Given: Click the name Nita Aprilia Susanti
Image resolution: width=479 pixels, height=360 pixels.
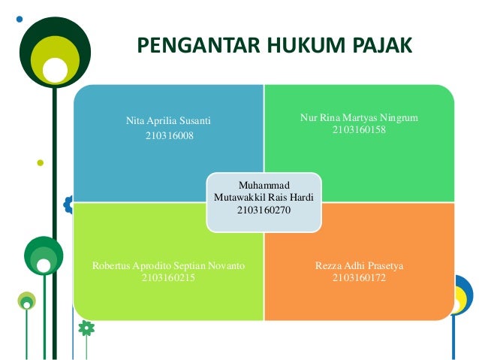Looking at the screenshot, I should [168, 120].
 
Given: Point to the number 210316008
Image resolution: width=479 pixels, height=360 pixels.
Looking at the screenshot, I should [168, 136].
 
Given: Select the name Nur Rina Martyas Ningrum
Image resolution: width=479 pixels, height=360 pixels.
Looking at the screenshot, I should [359, 118].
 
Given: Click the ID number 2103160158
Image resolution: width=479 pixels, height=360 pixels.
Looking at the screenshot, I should [359, 130].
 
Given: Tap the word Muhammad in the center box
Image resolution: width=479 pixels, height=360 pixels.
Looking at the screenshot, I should [264, 184].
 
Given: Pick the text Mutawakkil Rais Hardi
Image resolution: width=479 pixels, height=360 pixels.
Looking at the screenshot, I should [264, 197].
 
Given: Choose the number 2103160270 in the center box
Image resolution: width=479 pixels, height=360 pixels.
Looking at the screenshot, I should [264, 210].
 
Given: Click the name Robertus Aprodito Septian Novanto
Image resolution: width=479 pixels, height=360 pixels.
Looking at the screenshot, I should [168, 266].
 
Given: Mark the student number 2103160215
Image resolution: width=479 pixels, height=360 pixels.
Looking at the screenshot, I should [168, 278].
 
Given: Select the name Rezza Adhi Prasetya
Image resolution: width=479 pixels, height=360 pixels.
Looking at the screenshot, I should [360, 266].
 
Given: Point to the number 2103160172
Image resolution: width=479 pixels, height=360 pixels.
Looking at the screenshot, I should [360, 278].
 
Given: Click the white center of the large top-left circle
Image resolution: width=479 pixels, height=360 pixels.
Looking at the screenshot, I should [55, 69].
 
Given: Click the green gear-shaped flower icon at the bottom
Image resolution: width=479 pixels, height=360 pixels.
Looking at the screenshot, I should [86, 328].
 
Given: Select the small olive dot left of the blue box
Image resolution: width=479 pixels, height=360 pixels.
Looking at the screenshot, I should [40, 162].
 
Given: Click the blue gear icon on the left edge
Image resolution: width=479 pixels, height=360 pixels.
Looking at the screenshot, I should [69, 203].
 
